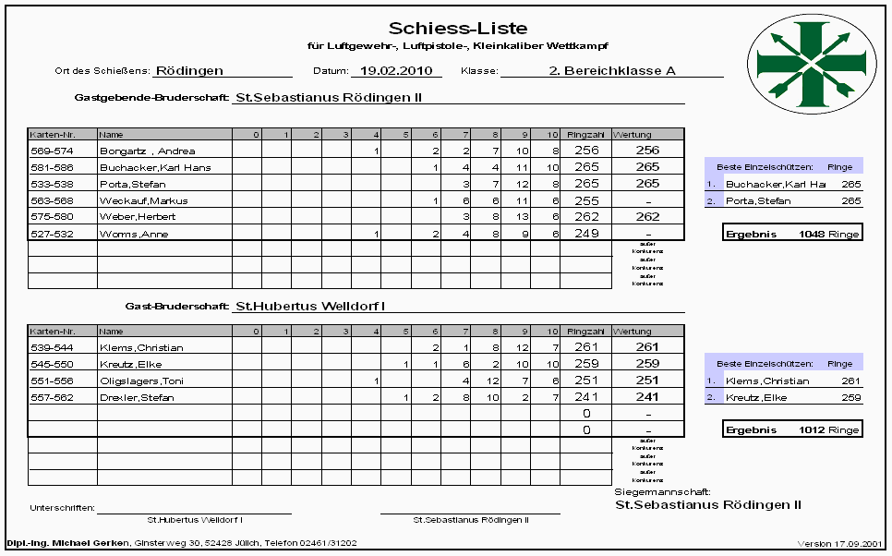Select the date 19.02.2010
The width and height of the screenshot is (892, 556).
396,70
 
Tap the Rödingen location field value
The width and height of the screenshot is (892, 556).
189,70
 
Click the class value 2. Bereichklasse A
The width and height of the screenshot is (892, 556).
611,70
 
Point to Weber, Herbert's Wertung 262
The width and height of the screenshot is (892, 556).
648,217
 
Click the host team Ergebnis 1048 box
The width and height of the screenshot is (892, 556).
792,234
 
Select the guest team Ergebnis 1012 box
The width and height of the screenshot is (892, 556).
792,429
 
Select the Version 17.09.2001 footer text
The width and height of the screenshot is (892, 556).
835,543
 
